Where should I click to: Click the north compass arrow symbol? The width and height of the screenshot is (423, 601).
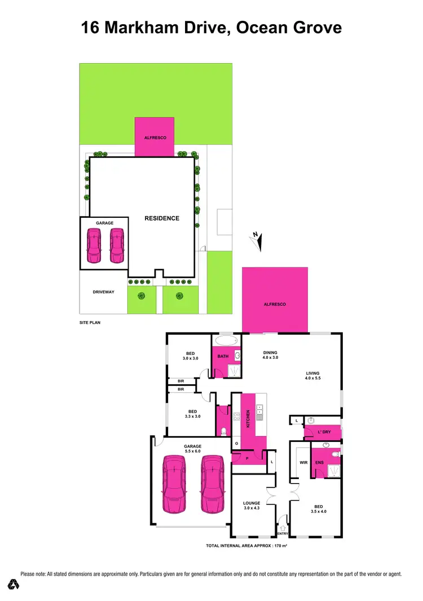[x=257, y=242]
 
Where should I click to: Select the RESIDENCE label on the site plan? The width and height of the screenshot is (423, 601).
[x=161, y=218]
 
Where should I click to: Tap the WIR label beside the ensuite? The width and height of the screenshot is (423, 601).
[x=302, y=462]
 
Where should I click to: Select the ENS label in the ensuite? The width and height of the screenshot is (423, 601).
[x=319, y=462]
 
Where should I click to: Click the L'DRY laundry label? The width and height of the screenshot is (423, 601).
[x=324, y=432]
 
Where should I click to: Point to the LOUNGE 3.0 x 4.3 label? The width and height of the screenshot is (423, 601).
[x=252, y=505]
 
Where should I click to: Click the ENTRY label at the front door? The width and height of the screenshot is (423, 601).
[x=282, y=533]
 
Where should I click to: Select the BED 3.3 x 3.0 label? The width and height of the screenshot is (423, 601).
[x=193, y=413]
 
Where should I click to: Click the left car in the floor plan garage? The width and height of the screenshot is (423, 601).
[x=175, y=485]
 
